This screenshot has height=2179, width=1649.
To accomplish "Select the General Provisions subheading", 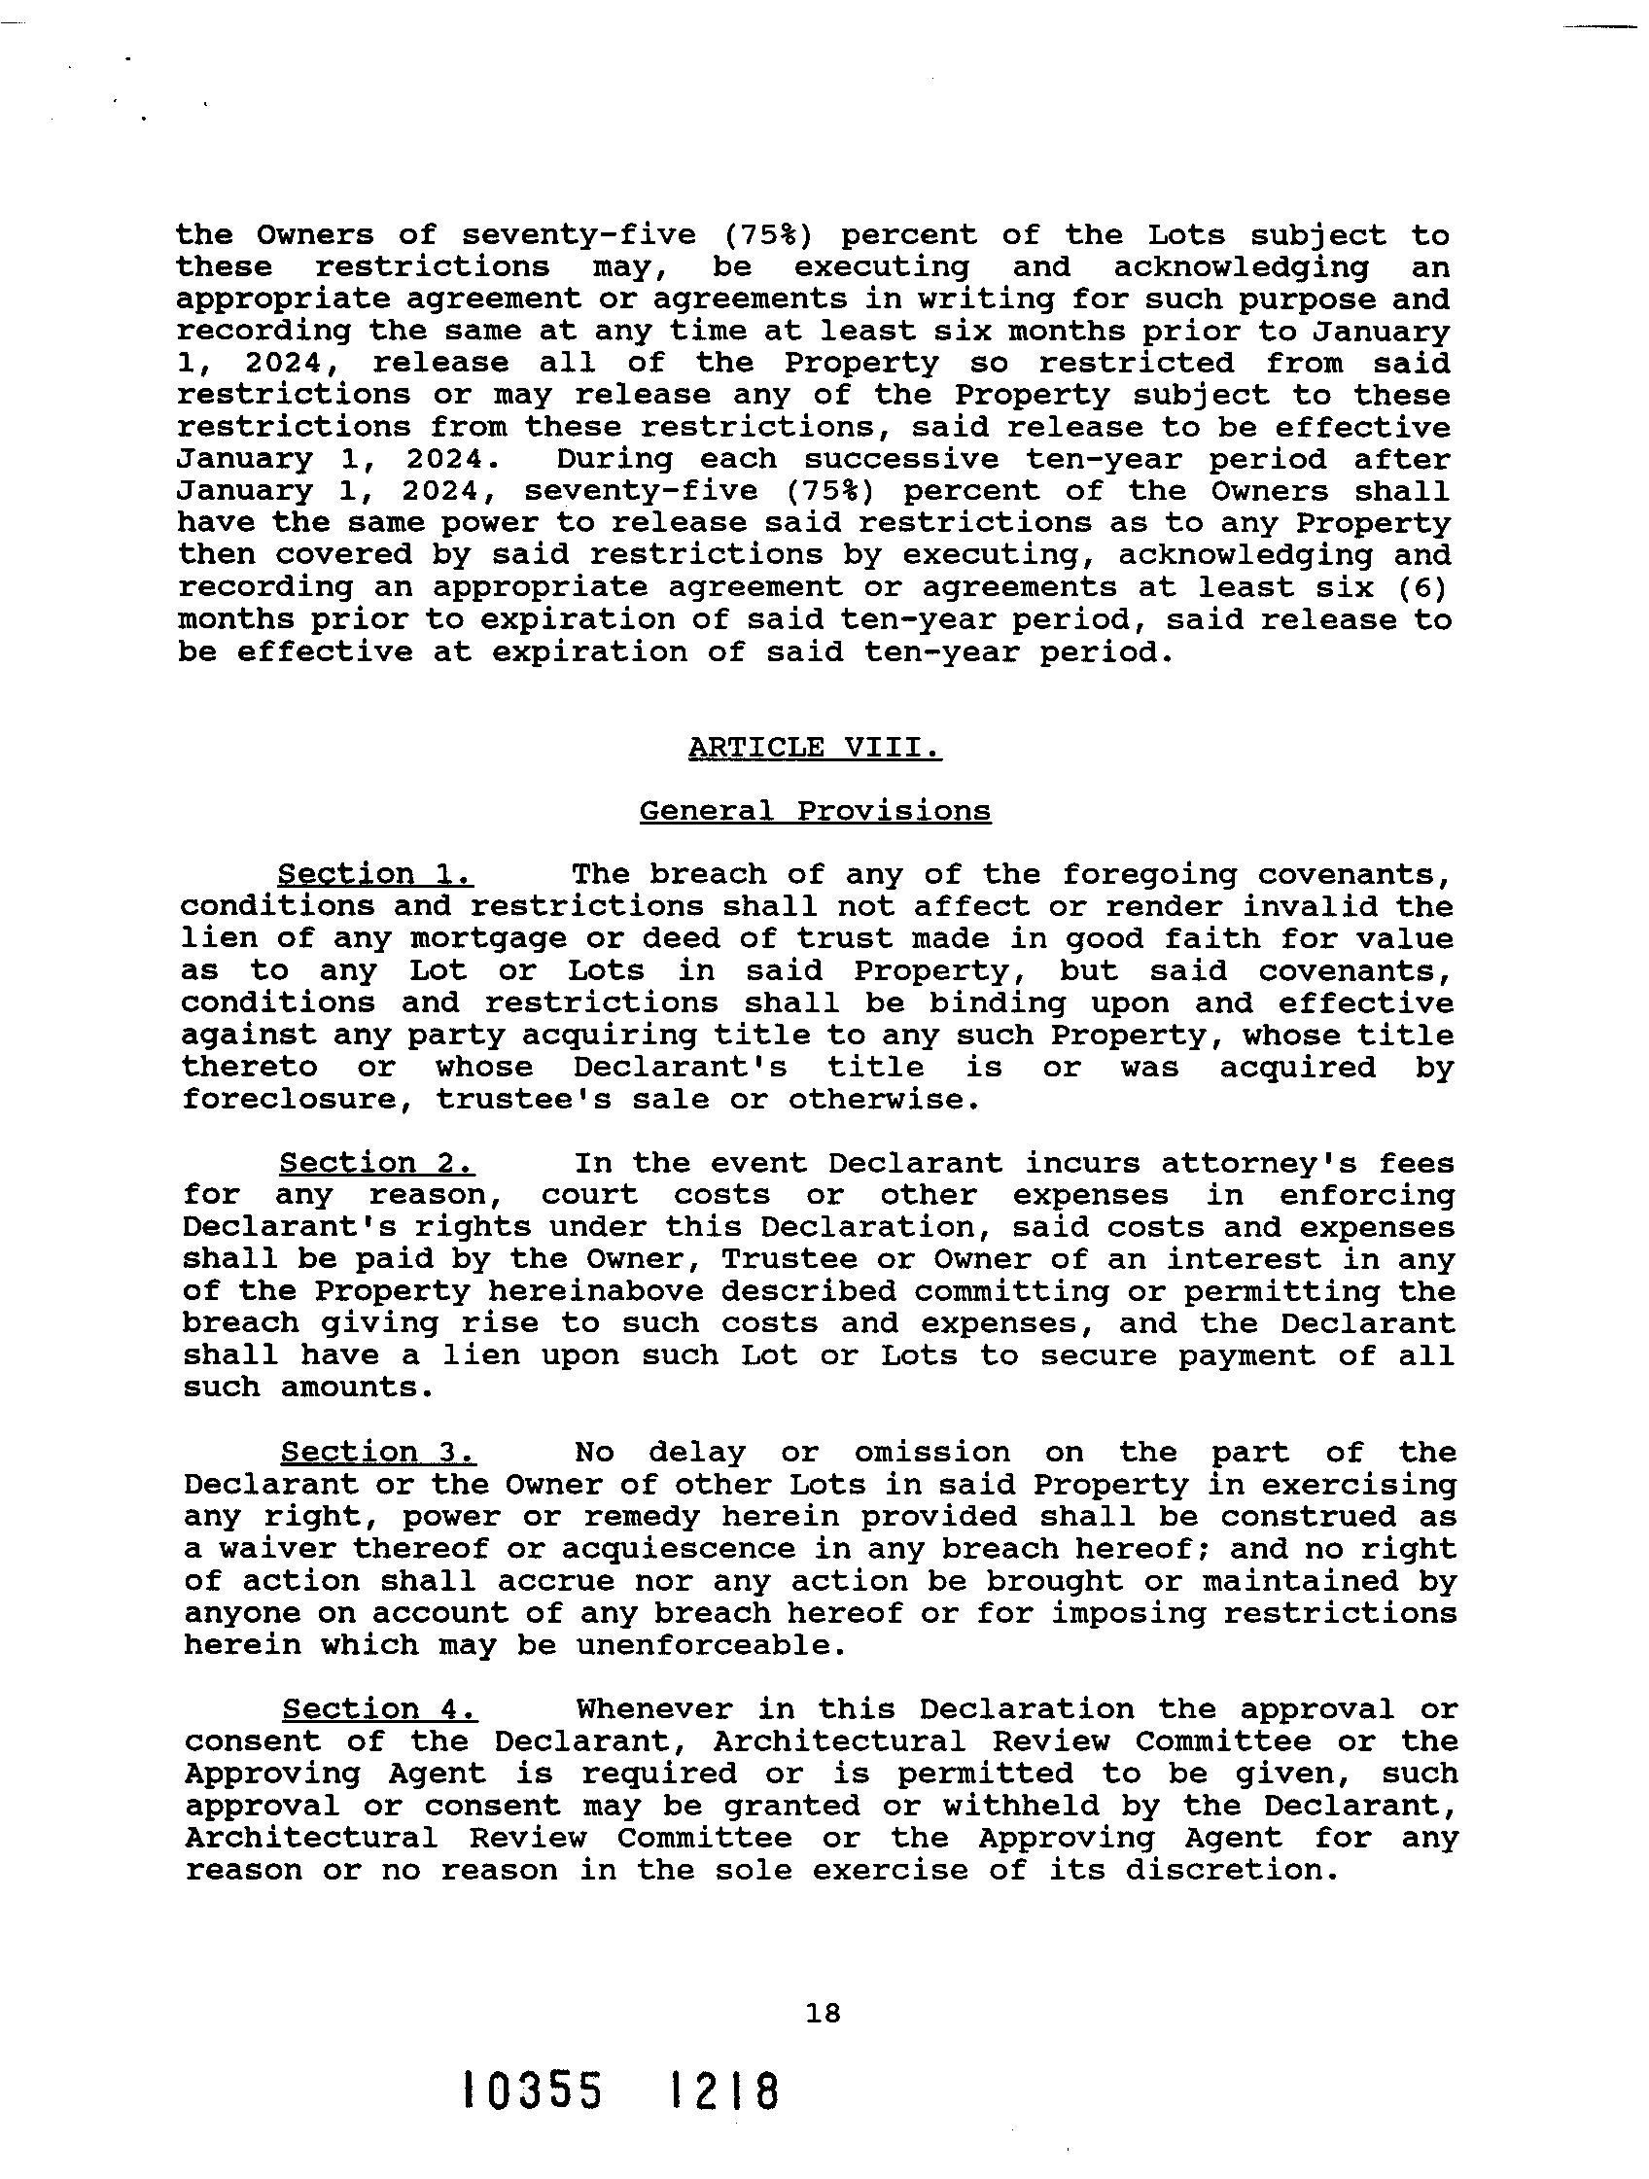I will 815,811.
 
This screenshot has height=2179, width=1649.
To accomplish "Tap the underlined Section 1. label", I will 375,874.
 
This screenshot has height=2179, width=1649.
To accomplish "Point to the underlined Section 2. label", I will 377,1162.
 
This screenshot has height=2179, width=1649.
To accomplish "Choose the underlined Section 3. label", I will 378,1451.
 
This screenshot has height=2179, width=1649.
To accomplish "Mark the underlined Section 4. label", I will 379,1708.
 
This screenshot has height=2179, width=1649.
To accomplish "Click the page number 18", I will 823,2013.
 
